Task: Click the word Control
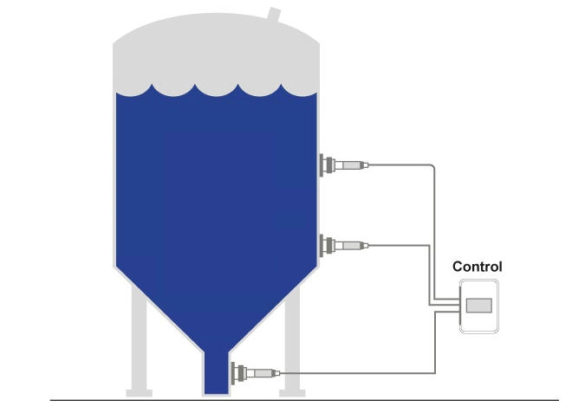click(477, 267)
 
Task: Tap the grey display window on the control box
click(478, 305)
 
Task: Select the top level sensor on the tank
click(350, 164)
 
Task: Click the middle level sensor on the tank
click(350, 246)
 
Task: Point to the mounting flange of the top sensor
click(325, 164)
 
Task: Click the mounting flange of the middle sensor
click(325, 246)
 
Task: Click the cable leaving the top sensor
click(407, 164)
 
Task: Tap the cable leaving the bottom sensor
click(364, 374)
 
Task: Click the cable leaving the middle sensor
click(399, 246)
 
